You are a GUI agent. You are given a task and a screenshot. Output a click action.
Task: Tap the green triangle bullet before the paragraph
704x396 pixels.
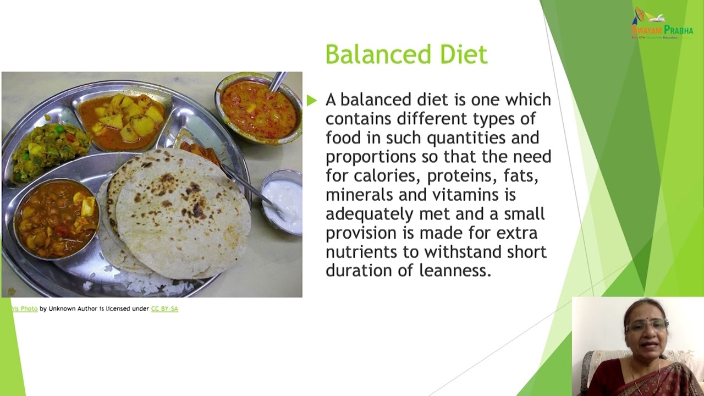click(x=312, y=100)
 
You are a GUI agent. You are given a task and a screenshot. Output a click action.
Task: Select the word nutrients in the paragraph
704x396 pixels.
click(x=358, y=252)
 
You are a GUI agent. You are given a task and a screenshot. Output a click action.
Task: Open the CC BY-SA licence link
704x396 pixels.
click(x=164, y=309)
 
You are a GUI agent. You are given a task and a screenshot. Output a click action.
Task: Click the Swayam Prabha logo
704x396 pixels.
click(x=662, y=23)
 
